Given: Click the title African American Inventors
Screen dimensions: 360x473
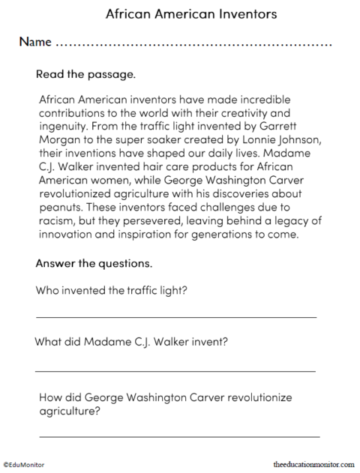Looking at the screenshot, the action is pos(180,13).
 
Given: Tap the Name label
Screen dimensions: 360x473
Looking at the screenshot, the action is pos(35,42).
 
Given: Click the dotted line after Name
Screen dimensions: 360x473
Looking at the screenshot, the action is pos(194,45).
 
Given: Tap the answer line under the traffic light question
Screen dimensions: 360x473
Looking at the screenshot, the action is pos(176,316).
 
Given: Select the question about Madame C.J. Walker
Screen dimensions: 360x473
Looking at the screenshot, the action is pos(131,343).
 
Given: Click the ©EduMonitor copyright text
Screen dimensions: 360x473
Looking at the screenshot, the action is pos(24,465).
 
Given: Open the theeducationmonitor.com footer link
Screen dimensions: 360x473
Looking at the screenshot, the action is pos(314,465).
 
